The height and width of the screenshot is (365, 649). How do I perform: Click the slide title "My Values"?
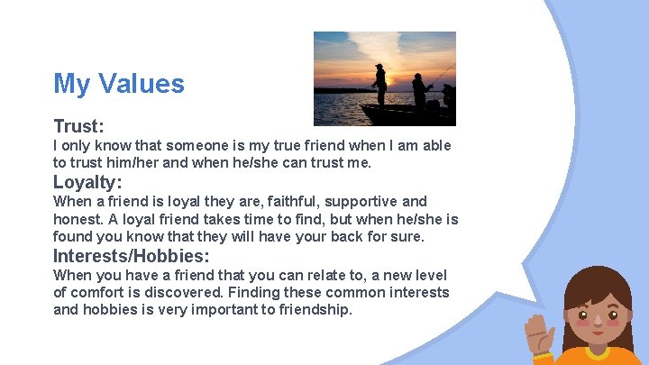[x=118, y=84]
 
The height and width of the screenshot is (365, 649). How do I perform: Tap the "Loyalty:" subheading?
[x=87, y=181]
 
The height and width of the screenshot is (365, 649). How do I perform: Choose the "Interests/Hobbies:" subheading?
[x=132, y=255]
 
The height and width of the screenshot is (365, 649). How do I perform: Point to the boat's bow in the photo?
[x=370, y=113]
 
